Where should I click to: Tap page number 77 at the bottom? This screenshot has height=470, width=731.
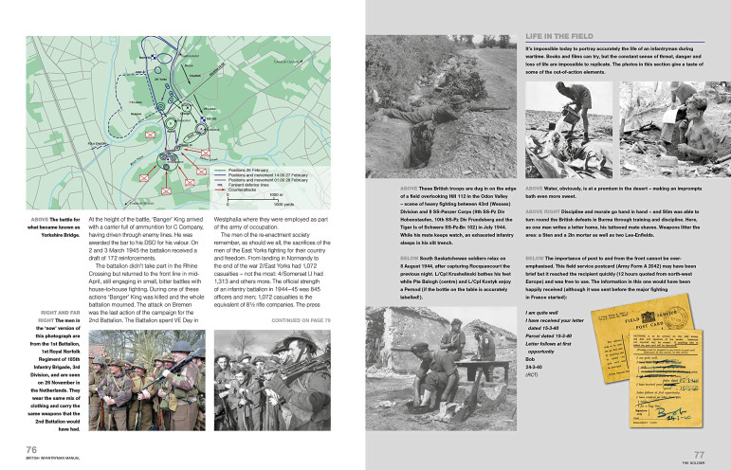coord(698,455)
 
